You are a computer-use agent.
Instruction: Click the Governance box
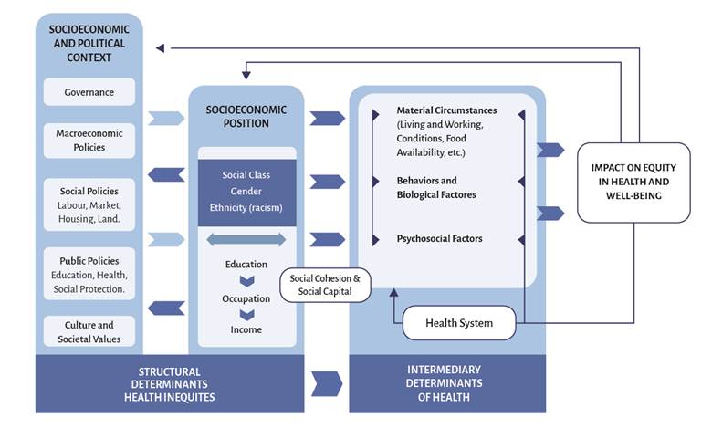[x=89, y=92]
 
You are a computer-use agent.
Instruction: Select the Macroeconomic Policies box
[x=89, y=140]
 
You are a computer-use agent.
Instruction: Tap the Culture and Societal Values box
[x=89, y=332]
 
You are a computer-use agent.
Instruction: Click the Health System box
[x=459, y=323]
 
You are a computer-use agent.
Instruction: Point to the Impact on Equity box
[x=633, y=183]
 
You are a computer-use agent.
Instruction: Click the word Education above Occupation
[x=246, y=265]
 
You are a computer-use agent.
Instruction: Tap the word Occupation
[x=246, y=298]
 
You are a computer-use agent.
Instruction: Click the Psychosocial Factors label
[x=439, y=239]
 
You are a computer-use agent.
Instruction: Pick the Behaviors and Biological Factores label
[x=436, y=188]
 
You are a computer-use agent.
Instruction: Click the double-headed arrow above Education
[x=246, y=239]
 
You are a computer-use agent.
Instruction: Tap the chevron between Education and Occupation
[x=246, y=281]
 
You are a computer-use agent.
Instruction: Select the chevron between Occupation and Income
[x=246, y=315]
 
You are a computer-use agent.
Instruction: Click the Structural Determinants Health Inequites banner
[x=170, y=383]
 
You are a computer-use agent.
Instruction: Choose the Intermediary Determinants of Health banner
[x=448, y=383]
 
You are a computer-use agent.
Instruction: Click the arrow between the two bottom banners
[x=327, y=383]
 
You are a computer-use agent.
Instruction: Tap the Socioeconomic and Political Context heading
[x=89, y=42]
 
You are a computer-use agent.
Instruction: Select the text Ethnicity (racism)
[x=246, y=207]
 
